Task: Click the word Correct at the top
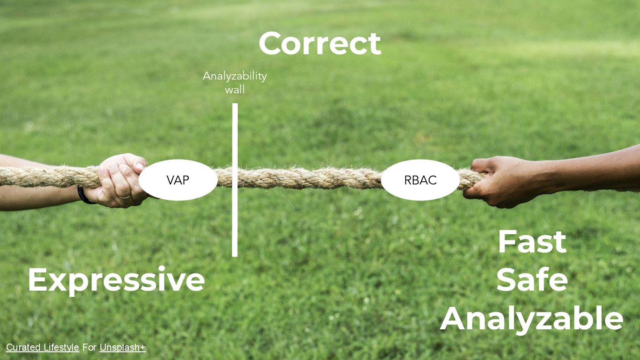tap(320, 44)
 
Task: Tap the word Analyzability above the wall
tap(235, 76)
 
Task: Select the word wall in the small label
tap(235, 89)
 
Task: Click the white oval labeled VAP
tap(178, 180)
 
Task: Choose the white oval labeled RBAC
tap(420, 180)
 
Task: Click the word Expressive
tap(116, 280)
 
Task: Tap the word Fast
tap(532, 242)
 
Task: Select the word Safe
tap(532, 280)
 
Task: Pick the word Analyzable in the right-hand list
tap(532, 318)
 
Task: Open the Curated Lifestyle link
tap(43, 348)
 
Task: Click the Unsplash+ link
tap(123, 348)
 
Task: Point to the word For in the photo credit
tap(89, 348)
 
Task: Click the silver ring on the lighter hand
tap(124, 196)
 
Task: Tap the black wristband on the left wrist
tap(83, 196)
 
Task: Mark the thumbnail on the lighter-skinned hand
tap(139, 166)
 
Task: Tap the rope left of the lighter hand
tap(44, 177)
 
